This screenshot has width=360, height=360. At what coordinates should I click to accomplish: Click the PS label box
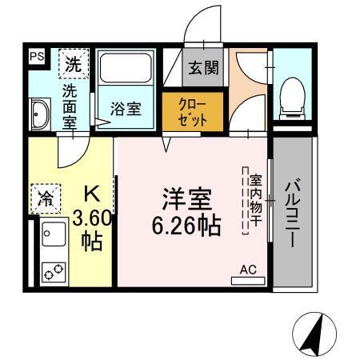coord(37,56)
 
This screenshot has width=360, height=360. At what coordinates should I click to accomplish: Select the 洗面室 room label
coord(71,104)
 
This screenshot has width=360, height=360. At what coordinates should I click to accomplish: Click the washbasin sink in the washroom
coord(40,114)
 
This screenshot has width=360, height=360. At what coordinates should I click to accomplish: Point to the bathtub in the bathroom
coord(126,74)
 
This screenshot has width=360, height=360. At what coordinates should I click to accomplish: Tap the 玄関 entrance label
coord(203,69)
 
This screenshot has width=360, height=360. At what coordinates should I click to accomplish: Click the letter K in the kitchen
coord(92,194)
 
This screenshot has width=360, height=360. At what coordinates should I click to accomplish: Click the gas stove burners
coord(54,273)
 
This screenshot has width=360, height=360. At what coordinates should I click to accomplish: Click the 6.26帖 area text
coord(186,226)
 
